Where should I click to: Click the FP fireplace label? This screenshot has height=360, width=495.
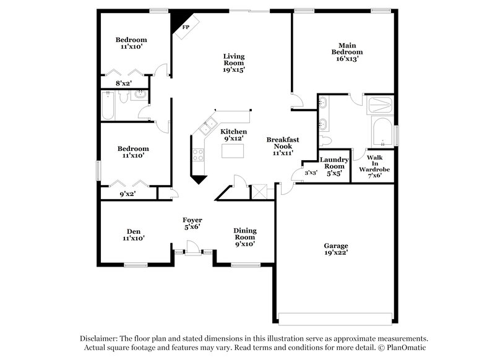pyautogui.click(x=185, y=28)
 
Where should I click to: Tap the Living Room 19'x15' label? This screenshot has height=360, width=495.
pyautogui.click(x=234, y=63)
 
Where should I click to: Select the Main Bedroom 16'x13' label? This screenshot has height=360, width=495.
pyautogui.click(x=346, y=52)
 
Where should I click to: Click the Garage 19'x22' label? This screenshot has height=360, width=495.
pyautogui.click(x=336, y=249)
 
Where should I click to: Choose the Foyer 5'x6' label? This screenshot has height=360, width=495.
pyautogui.click(x=192, y=223)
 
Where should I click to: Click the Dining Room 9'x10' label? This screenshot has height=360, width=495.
pyautogui.click(x=244, y=237)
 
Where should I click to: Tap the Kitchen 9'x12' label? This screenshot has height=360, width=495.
pyautogui.click(x=234, y=135)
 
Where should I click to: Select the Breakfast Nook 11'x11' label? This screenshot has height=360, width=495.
pyautogui.click(x=280, y=145)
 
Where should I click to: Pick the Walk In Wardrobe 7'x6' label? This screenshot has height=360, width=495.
pyautogui.click(x=374, y=166)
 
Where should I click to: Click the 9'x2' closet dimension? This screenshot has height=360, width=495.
pyautogui.click(x=127, y=194)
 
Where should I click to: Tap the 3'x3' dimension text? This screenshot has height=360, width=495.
pyautogui.click(x=311, y=173)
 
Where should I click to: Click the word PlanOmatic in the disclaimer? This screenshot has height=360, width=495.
pyautogui.click(x=397, y=348)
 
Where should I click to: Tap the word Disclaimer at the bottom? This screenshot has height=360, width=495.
pyautogui.click(x=101, y=338)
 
